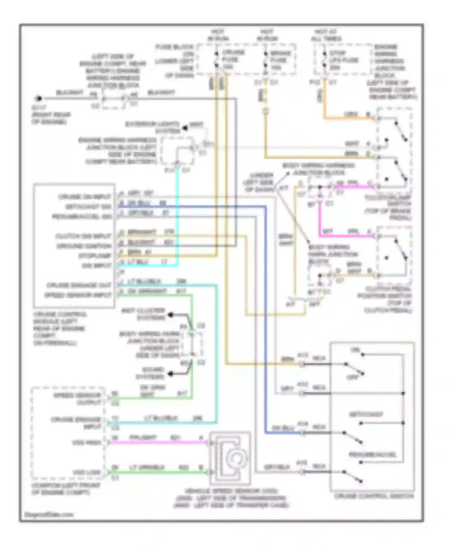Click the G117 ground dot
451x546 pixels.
(38, 98)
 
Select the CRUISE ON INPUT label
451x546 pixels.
(84, 197)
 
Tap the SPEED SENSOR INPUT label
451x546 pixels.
(78, 295)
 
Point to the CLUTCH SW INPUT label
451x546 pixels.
(83, 236)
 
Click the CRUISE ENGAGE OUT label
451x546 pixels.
(79, 285)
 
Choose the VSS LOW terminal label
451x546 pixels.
(87, 472)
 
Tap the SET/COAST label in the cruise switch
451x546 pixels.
(366, 414)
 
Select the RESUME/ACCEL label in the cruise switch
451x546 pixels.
(372, 454)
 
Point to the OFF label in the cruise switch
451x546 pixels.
(353, 377)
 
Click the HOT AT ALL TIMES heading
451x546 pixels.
(326, 35)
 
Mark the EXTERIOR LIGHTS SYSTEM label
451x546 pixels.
(152, 128)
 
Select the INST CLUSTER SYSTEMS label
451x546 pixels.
(143, 314)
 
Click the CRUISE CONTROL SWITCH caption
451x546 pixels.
(374, 496)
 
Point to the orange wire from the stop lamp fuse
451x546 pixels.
(346, 118)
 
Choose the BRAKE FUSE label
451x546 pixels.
(280, 60)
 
